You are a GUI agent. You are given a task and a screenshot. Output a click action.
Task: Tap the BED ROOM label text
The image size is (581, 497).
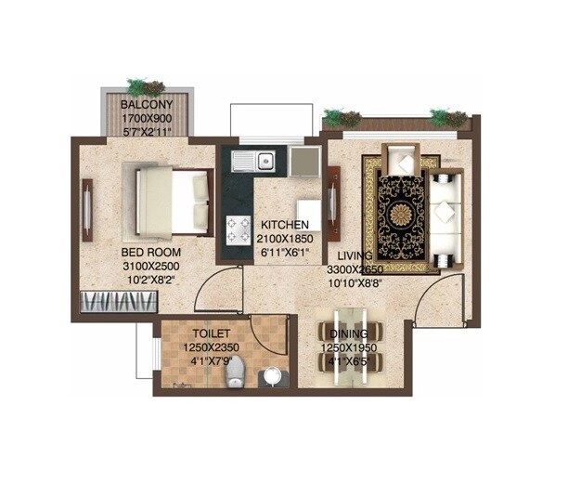point(150,253)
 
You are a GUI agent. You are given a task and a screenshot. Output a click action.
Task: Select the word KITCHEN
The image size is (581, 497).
point(284,225)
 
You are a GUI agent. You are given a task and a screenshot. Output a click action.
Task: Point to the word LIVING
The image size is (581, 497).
point(355,255)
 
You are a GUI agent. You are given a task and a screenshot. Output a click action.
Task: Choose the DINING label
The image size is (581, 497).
point(349,334)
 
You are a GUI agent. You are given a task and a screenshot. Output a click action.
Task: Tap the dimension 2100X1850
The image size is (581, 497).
point(285,239)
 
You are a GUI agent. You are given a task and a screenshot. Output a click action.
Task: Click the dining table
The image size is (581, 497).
point(349,358)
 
